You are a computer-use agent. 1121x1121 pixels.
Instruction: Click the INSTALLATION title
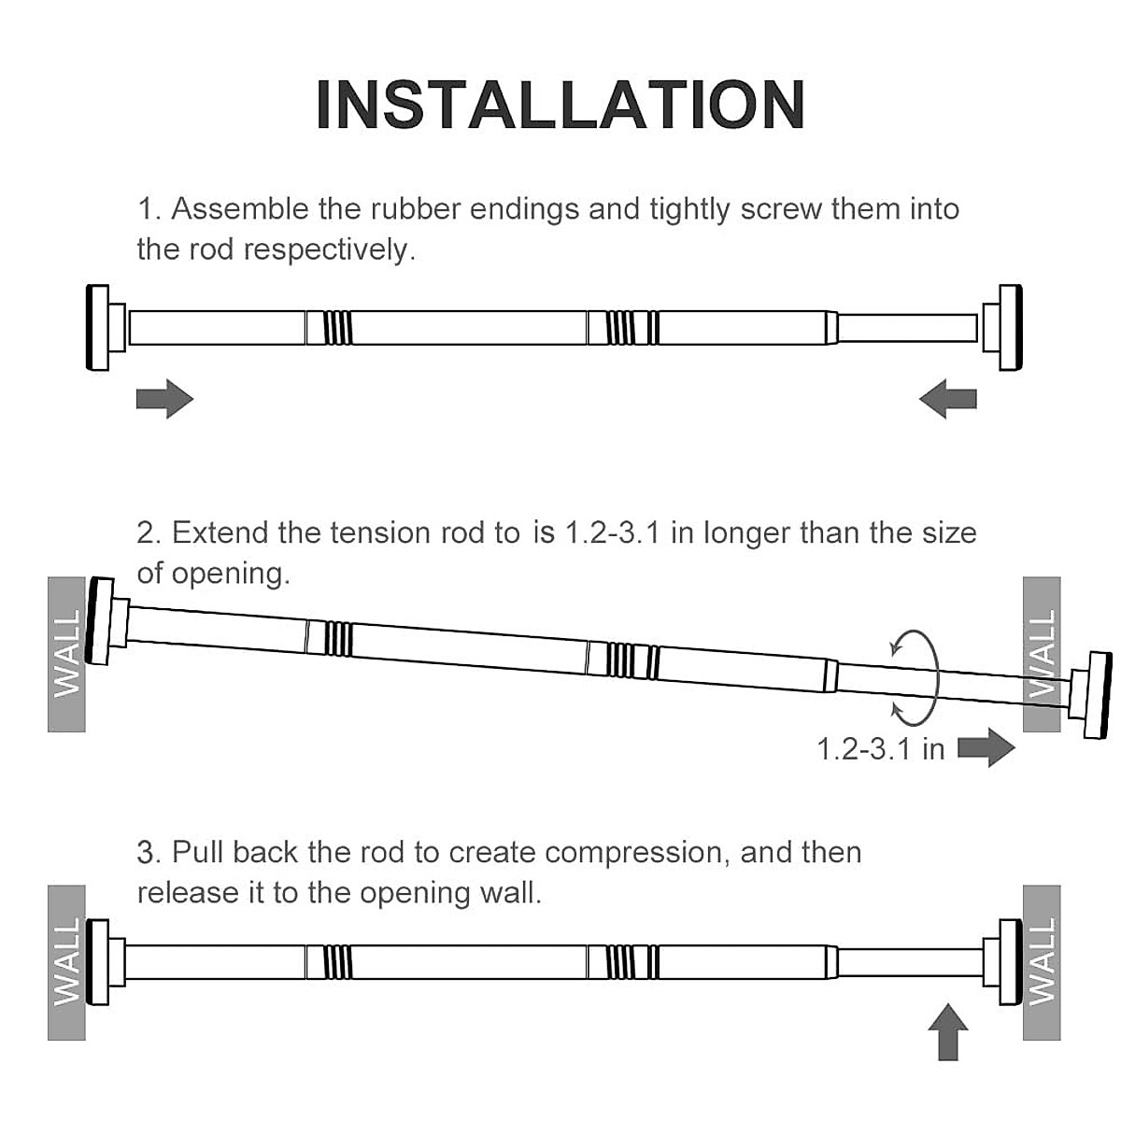560,105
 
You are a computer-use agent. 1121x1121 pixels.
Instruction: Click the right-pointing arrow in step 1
164,400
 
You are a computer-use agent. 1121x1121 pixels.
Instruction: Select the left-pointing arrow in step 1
947,400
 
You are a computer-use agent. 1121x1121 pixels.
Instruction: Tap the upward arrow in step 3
948,1031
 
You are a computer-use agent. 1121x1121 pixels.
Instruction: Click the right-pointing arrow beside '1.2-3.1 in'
986,748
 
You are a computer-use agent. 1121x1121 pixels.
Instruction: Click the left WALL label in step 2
66,654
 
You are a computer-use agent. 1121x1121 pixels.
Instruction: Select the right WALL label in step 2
1042,654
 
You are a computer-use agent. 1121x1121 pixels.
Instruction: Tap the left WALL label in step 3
66,962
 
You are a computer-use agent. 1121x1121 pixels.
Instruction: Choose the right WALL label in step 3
1042,962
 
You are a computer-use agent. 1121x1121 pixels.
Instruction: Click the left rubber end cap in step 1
98,328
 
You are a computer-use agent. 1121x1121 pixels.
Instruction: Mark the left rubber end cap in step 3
98,962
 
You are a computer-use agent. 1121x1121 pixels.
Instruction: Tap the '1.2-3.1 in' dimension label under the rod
881,748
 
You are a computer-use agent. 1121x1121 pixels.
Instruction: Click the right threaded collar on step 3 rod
620,962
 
